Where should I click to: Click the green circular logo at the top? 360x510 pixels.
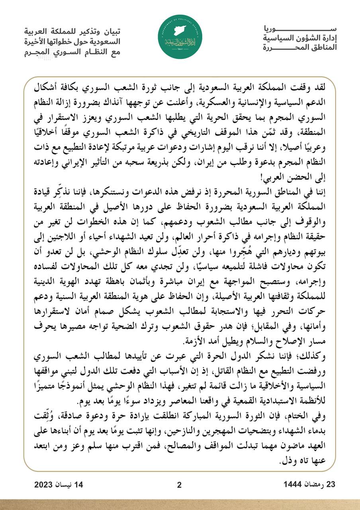[x=180, y=39]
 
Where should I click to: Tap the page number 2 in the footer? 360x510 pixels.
[x=179, y=485]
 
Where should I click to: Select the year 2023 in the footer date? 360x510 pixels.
[x=46, y=485]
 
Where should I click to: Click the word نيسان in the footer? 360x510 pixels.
[x=71, y=485]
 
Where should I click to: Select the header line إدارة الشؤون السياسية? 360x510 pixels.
[x=299, y=39]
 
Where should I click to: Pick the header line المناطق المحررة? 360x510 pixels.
[x=299, y=48]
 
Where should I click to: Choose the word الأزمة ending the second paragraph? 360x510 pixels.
[x=195, y=341]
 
